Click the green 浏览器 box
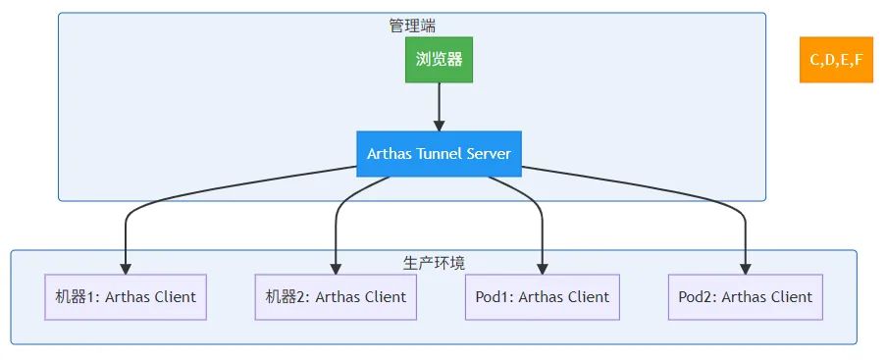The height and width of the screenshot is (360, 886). pyautogui.click(x=439, y=59)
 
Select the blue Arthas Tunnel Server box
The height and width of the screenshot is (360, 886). pyautogui.click(x=439, y=154)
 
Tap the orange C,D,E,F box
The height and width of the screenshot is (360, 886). pyautogui.click(x=836, y=59)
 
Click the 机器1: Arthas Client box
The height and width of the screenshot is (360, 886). pyautogui.click(x=126, y=297)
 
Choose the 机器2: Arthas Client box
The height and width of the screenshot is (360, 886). pyautogui.click(x=336, y=297)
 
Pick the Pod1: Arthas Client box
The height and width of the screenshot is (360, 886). pyautogui.click(x=543, y=297)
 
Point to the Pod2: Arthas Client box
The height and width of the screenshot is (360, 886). pyautogui.click(x=746, y=297)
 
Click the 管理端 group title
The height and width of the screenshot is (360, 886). pyautogui.click(x=412, y=26)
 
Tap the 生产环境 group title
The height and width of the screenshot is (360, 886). pyautogui.click(x=434, y=263)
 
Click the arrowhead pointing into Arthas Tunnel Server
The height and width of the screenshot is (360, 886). pyautogui.click(x=439, y=126)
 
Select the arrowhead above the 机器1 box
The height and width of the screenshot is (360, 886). pyautogui.click(x=126, y=269)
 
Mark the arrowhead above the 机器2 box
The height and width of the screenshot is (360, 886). pyautogui.click(x=336, y=269)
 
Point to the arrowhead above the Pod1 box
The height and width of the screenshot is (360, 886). pyautogui.click(x=543, y=269)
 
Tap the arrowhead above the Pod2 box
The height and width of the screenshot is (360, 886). pyautogui.click(x=746, y=269)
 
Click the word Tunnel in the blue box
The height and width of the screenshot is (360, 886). pyautogui.click(x=436, y=154)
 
